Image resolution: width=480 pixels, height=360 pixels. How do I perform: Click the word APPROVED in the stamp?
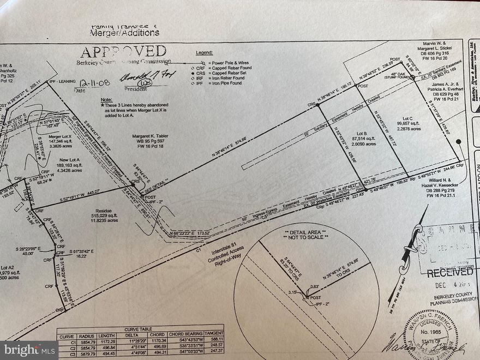pos(123,52)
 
